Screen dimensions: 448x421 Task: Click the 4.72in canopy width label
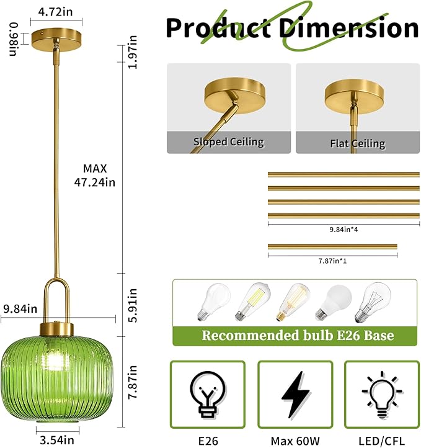pos(59,12)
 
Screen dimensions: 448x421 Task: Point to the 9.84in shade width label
pos(20,308)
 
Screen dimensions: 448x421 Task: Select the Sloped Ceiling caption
pos(228,142)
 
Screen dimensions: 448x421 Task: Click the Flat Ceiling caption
pos(358,143)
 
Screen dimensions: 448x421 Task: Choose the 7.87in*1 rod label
pos(332,261)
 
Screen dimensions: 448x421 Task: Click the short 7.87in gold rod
pos(332,247)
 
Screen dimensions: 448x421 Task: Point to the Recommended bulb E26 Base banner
pos(297,336)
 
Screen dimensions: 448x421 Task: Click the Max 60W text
pos(295,439)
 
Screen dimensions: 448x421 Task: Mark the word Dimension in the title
pos(348,29)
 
